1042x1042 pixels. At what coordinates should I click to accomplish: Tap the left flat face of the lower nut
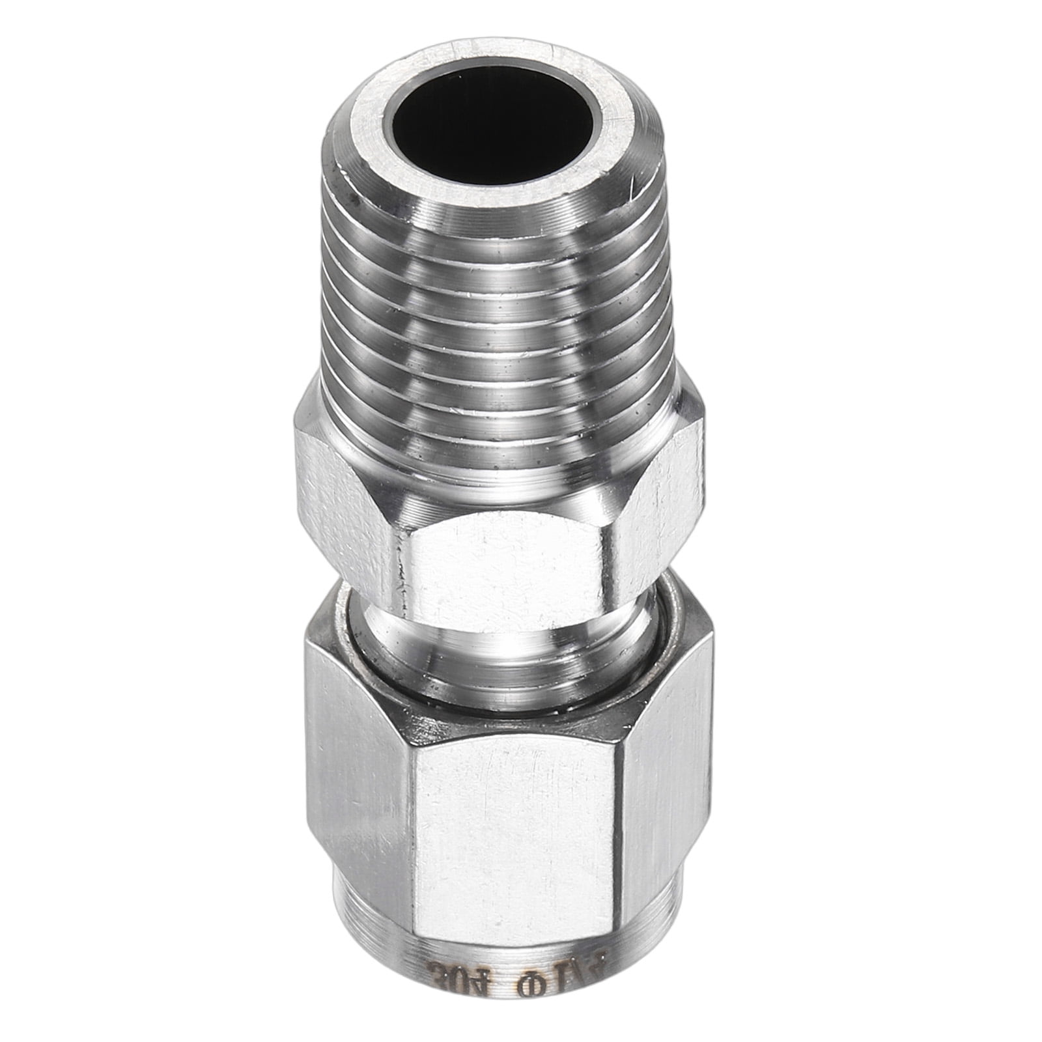click(x=361, y=768)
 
